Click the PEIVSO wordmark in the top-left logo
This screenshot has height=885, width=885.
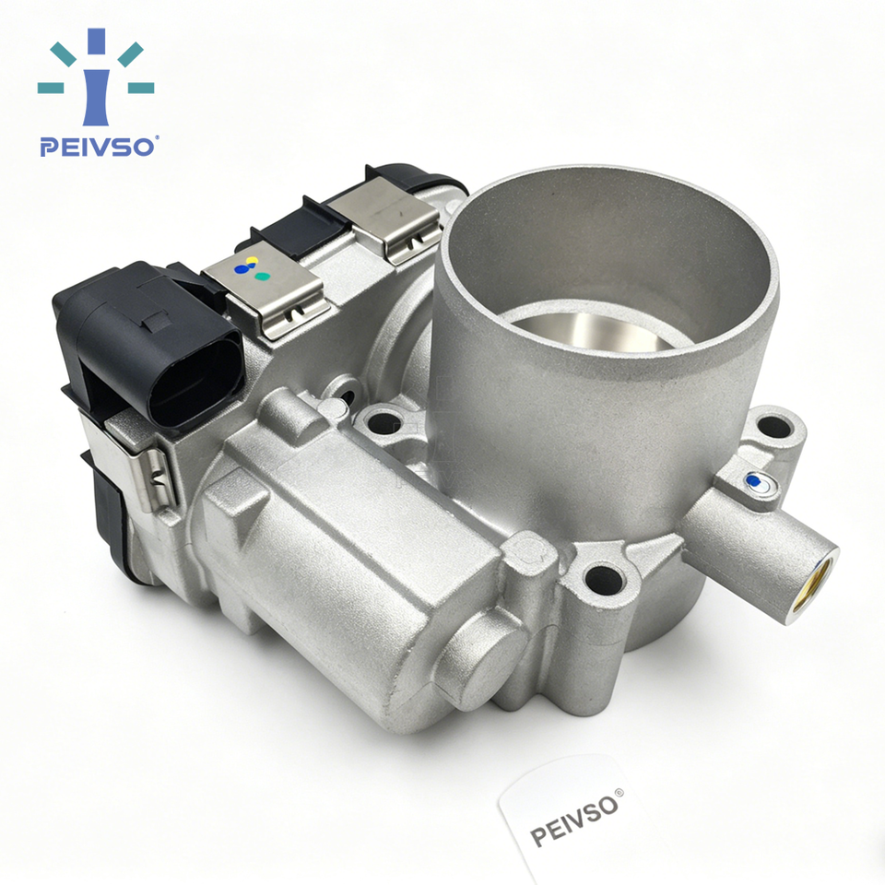point(97,147)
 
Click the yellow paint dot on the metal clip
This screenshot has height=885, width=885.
point(252,261)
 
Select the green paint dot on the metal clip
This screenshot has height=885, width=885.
point(262,277)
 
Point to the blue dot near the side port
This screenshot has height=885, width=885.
point(752,480)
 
